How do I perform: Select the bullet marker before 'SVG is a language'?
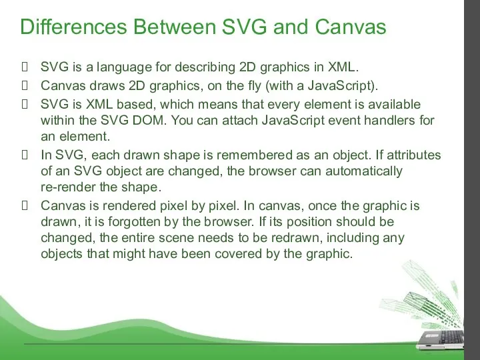[25, 67]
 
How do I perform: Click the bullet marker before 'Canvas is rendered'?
[25, 205]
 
